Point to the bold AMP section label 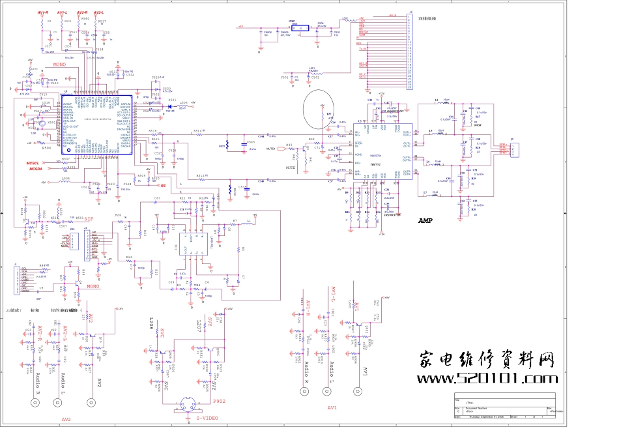(425, 221)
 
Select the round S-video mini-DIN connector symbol (185, 405)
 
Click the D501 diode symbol (170, 106)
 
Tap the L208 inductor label (151, 323)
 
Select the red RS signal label (164, 186)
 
